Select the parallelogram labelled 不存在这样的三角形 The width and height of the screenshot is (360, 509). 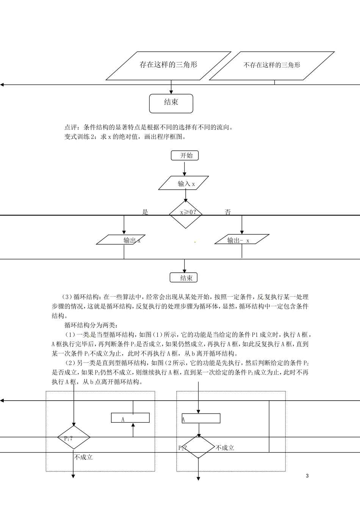point(272,66)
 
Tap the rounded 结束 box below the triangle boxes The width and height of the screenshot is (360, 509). point(171,103)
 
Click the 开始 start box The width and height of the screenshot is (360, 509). point(185,155)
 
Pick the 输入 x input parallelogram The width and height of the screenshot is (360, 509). point(184,183)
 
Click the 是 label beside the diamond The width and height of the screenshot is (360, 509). point(145,212)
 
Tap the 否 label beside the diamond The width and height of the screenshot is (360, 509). point(228,212)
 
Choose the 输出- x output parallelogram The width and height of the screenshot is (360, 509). point(242,240)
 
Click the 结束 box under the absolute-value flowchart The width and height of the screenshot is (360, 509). point(184,278)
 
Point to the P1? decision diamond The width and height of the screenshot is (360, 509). point(74,437)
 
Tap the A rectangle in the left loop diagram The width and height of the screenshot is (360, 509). point(130,418)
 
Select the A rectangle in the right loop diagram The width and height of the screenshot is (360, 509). point(201,418)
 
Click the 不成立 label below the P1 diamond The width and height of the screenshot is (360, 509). point(84,457)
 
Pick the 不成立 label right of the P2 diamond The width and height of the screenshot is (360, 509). point(225,448)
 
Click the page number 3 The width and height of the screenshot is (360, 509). point(307,476)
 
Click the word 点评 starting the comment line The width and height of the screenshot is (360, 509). point(71,127)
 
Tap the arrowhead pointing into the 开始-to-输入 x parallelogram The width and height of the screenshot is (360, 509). point(185,174)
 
